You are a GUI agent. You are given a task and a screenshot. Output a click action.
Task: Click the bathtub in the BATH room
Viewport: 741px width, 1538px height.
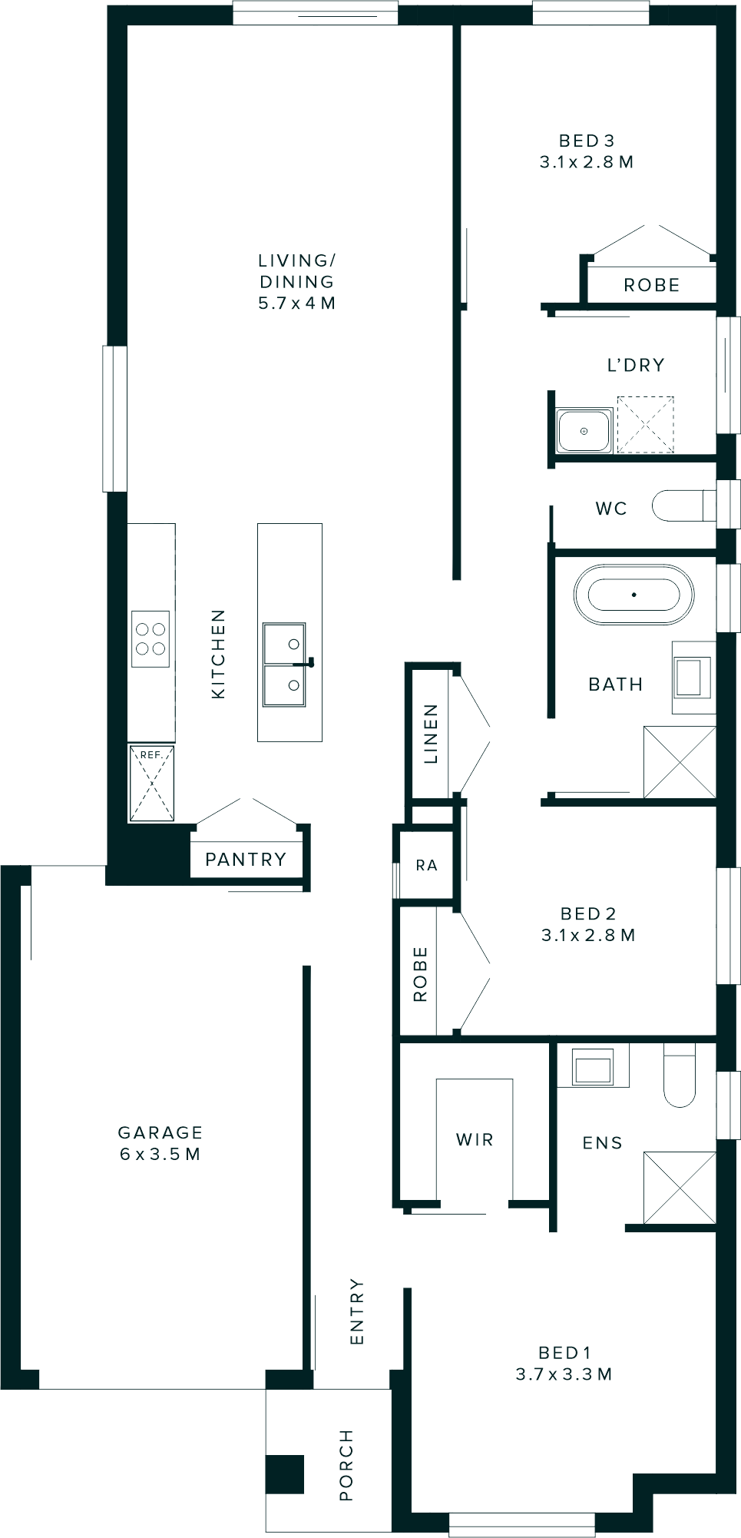click(633, 595)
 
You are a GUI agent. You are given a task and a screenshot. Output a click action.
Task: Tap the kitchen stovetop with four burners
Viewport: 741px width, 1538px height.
click(151, 638)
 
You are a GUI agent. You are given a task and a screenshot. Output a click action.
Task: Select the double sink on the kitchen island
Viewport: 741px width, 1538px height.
click(284, 665)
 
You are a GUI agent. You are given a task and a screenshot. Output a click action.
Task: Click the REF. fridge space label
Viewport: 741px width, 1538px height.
click(151, 755)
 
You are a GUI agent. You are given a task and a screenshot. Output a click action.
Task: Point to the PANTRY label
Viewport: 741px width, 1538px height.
click(246, 859)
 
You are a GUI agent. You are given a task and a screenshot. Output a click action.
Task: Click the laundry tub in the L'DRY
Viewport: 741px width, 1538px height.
click(584, 431)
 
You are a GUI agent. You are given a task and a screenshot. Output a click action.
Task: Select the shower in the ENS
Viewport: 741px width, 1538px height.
click(679, 1187)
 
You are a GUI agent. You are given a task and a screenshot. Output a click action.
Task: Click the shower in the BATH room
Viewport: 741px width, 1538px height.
click(679, 762)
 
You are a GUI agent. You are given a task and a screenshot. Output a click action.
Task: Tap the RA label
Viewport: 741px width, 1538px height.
click(426, 865)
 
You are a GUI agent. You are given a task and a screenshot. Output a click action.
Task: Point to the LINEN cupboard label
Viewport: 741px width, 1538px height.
click(431, 734)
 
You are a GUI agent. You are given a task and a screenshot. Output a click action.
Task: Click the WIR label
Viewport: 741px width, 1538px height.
click(475, 1139)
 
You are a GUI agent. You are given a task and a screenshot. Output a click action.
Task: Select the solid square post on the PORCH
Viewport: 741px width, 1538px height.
click(285, 1475)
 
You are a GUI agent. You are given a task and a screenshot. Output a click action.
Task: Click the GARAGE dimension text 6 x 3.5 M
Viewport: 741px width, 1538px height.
click(160, 1154)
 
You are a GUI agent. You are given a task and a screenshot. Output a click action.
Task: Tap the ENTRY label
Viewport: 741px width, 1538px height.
click(357, 1311)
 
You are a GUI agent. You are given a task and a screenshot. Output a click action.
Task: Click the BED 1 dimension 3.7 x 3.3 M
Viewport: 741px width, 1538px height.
click(564, 1374)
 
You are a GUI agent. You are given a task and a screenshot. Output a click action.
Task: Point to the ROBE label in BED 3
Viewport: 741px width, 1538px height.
click(651, 285)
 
